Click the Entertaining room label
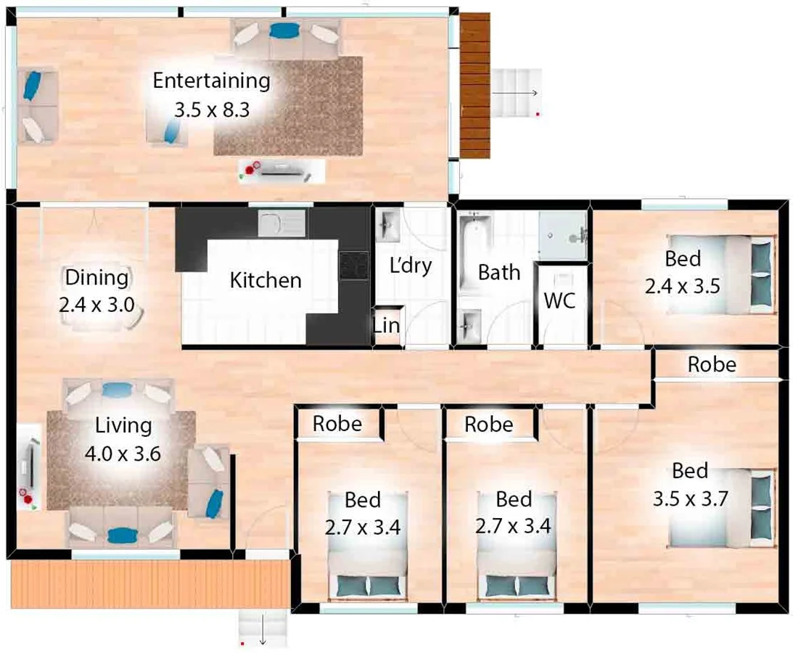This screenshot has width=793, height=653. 211,80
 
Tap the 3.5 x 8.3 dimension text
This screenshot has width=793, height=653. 211,110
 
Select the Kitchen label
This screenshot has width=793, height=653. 265,280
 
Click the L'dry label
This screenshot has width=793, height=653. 410,266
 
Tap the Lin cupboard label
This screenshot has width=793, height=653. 386,326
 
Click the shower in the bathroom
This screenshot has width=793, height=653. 562,235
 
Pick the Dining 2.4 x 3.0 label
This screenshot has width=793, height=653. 96,290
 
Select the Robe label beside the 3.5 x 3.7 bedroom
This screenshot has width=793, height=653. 711,364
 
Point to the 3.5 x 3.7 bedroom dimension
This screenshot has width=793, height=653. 690,499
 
